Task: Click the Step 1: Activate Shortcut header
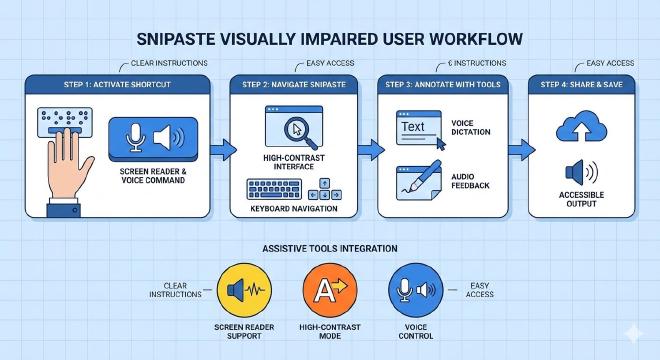click(117, 85)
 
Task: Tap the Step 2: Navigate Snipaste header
click(294, 85)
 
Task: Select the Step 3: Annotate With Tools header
click(443, 85)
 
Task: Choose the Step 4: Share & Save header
click(581, 85)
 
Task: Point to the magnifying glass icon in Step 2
click(300, 132)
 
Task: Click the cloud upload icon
click(581, 126)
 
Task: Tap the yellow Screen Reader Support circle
click(244, 290)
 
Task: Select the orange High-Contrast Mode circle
click(330, 290)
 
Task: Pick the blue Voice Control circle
click(415, 290)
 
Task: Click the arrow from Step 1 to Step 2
click(223, 149)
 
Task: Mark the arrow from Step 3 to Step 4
click(522, 149)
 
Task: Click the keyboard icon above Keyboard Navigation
click(274, 189)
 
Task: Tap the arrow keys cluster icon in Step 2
click(325, 189)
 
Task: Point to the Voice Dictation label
click(471, 128)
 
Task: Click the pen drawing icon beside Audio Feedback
click(419, 180)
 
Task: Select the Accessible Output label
click(581, 199)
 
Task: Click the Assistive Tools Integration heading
click(330, 248)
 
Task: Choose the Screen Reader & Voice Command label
click(153, 176)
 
